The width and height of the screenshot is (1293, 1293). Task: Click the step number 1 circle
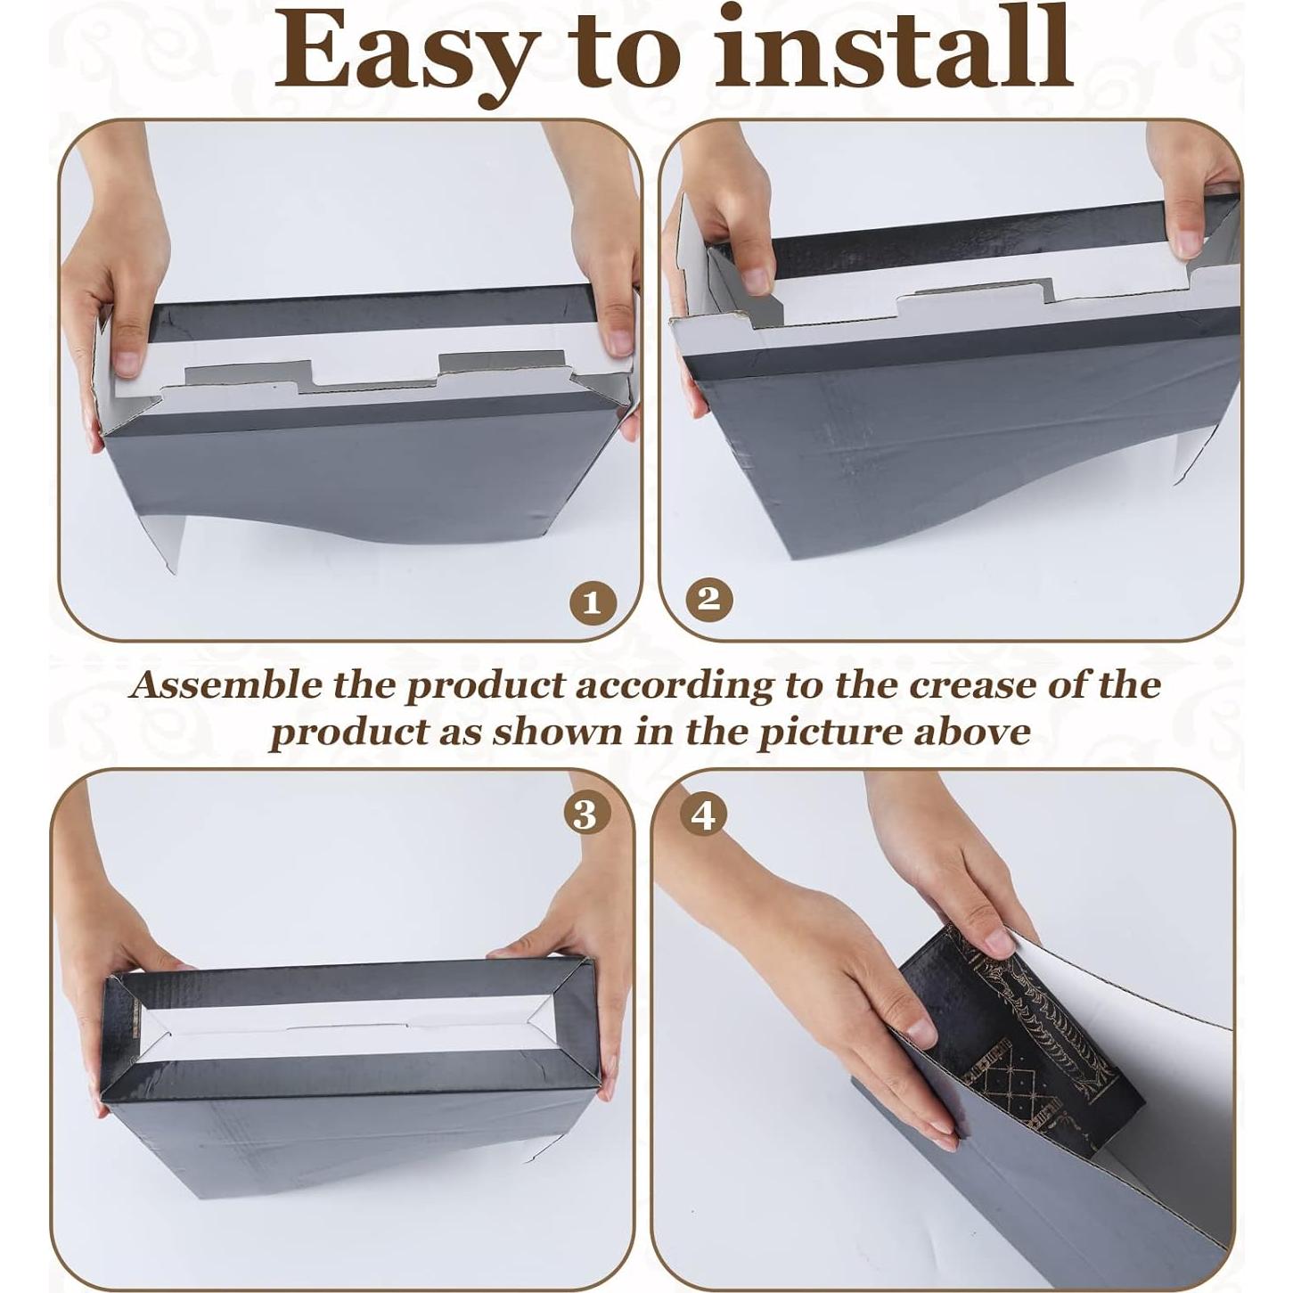pyautogui.click(x=593, y=604)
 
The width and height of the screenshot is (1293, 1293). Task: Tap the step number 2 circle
pyautogui.click(x=708, y=599)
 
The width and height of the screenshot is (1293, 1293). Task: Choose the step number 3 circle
pyautogui.click(x=585, y=814)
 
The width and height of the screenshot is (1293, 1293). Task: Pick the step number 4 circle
pyautogui.click(x=703, y=814)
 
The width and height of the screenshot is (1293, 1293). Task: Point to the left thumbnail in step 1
pyautogui.click(x=128, y=361)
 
